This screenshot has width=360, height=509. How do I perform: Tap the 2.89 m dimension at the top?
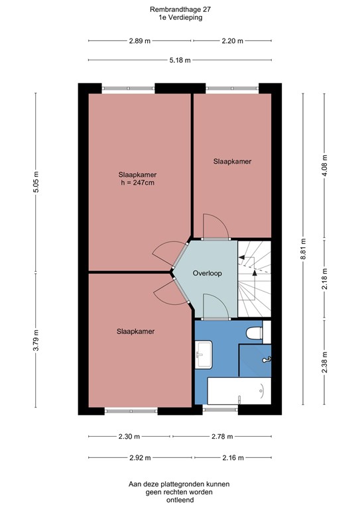click(140, 40)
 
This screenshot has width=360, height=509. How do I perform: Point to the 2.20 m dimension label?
click(232, 40)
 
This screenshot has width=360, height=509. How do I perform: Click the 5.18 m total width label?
click(180, 60)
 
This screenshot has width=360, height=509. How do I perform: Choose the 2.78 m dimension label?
click(222, 437)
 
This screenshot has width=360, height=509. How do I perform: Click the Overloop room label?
click(207, 273)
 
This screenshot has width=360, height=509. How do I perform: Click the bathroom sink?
click(203, 355)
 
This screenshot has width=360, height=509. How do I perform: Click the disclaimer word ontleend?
click(179, 500)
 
